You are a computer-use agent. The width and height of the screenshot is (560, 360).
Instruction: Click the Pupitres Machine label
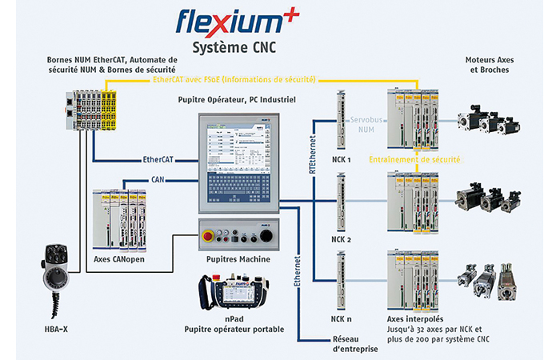238,259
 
